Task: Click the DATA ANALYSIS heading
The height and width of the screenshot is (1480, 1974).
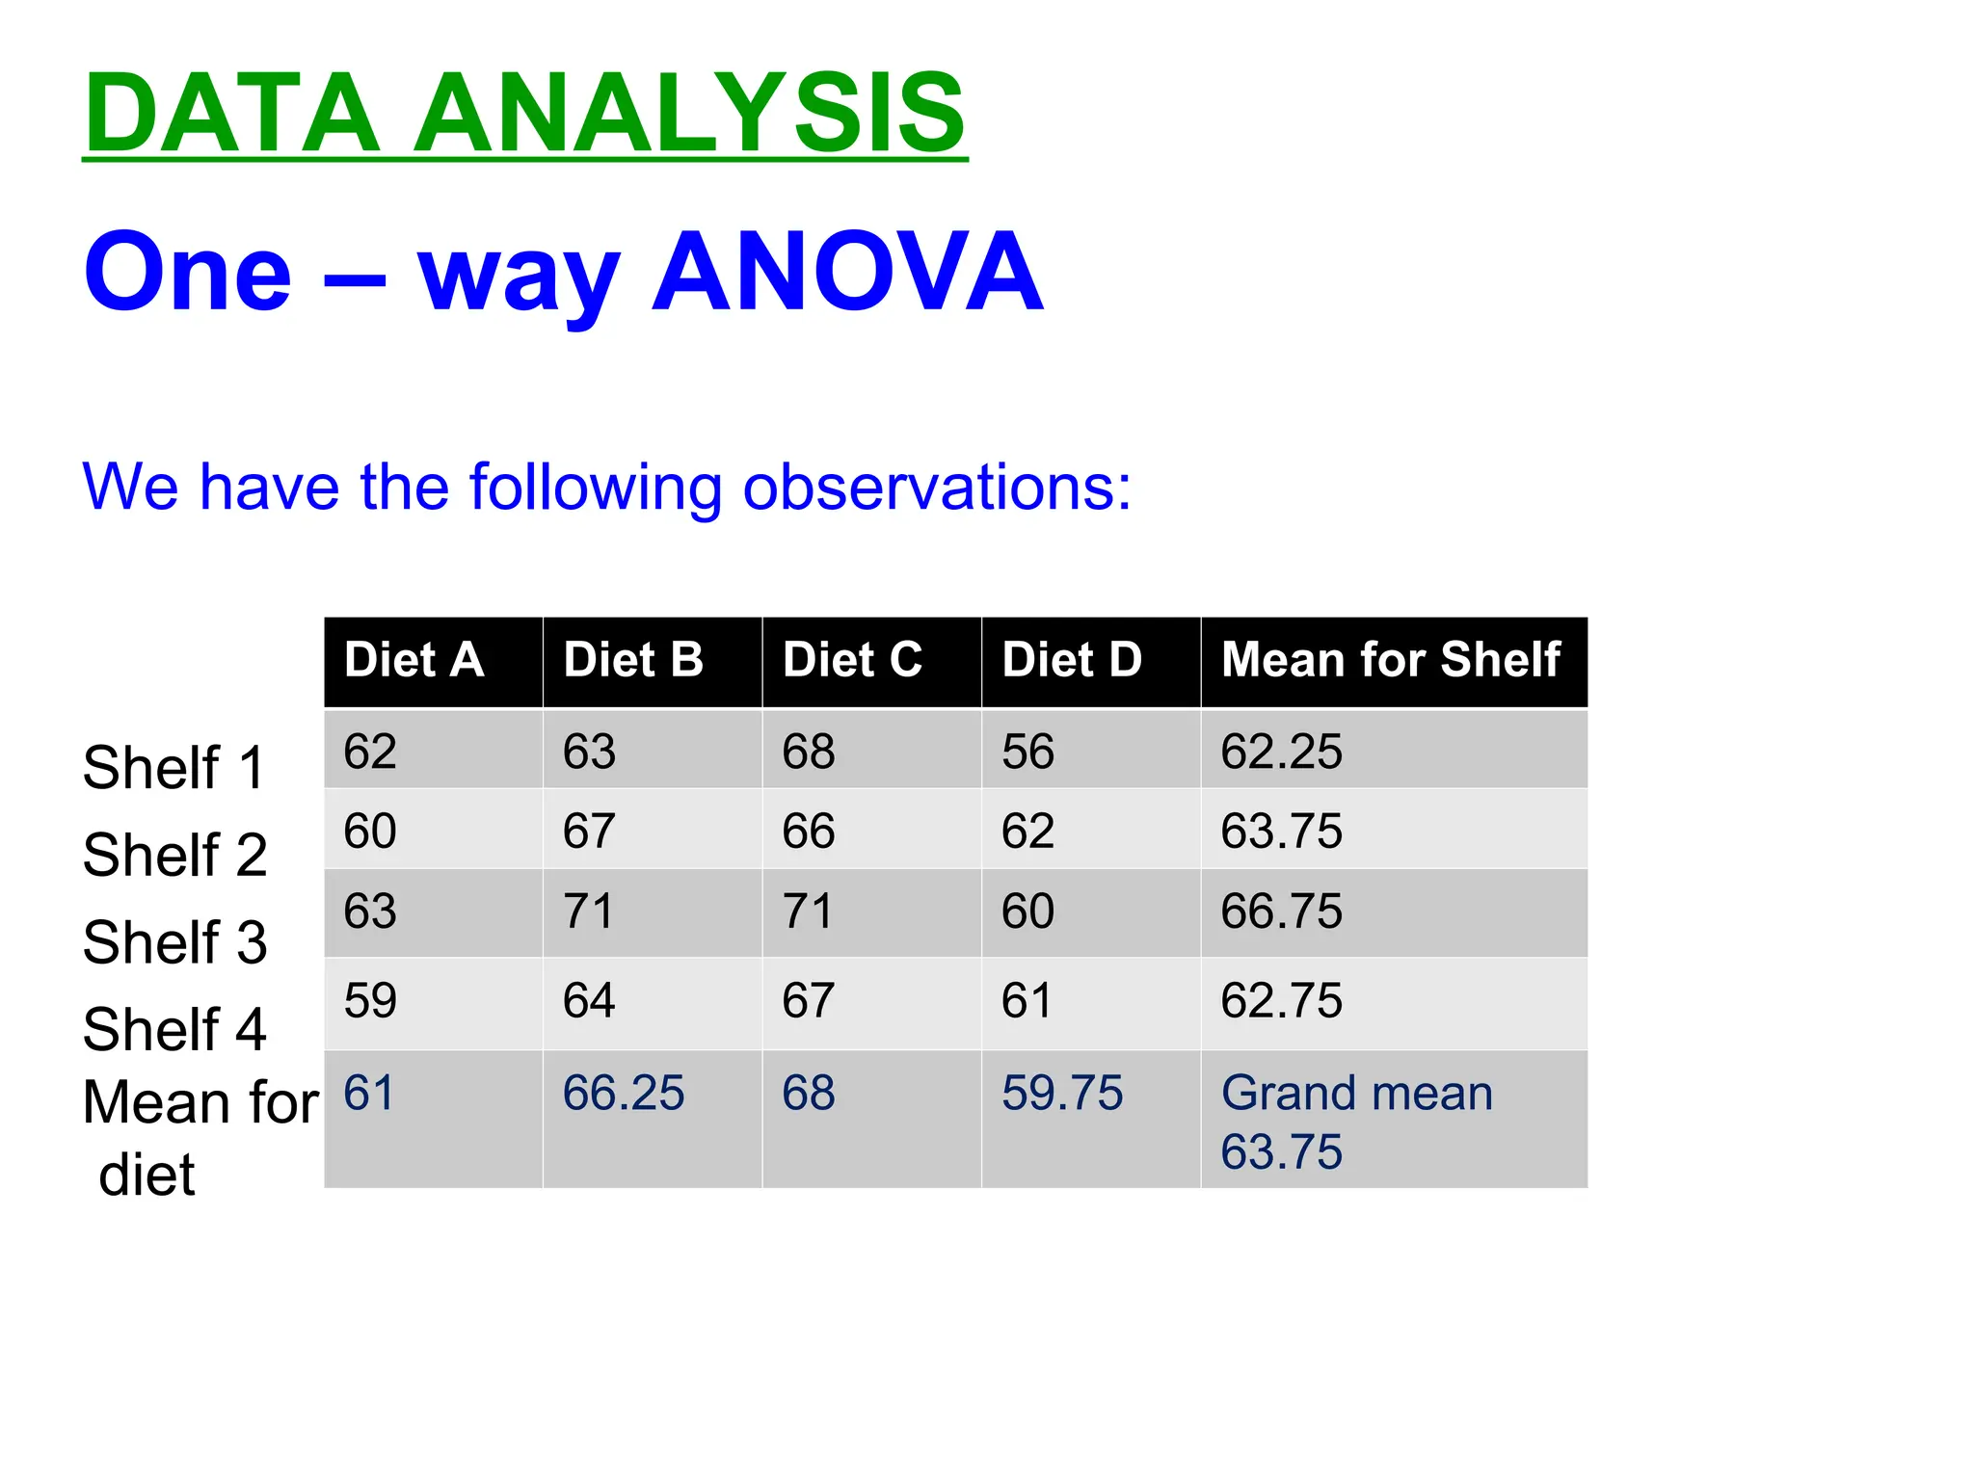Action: click(x=525, y=114)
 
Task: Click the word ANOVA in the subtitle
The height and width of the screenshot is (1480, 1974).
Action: click(x=848, y=273)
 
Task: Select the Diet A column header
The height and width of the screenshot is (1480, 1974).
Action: click(x=413, y=661)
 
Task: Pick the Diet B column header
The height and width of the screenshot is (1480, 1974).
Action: click(x=633, y=661)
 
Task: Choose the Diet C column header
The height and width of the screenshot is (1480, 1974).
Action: click(x=852, y=661)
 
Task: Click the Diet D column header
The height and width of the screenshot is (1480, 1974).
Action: click(x=1072, y=661)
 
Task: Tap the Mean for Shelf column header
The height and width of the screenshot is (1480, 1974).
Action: click(x=1390, y=661)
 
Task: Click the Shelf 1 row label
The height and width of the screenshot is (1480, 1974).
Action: click(x=174, y=768)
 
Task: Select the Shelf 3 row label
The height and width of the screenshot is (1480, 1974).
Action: click(x=174, y=942)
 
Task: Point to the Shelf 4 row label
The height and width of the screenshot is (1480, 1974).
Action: click(x=174, y=1029)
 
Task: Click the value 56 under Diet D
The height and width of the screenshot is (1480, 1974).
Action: click(x=1027, y=752)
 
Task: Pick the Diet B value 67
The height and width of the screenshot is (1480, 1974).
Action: click(x=589, y=832)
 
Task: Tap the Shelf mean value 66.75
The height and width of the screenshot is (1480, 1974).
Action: click(x=1281, y=912)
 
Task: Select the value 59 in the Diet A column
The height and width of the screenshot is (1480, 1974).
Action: click(x=370, y=1001)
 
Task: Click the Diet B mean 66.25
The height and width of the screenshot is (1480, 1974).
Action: click(x=624, y=1094)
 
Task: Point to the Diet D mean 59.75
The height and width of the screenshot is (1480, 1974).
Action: click(x=1062, y=1094)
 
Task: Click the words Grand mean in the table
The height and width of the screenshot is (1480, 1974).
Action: click(x=1357, y=1094)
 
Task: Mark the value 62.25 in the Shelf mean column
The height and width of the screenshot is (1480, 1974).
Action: click(x=1281, y=752)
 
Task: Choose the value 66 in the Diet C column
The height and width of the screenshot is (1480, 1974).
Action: click(x=809, y=832)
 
